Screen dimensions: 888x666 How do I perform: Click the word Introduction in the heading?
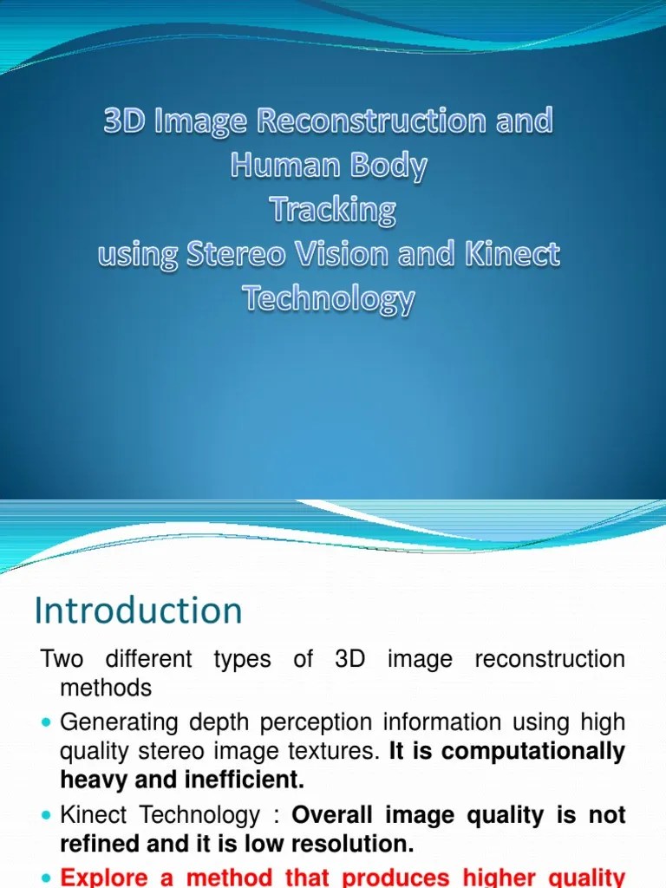click(138, 611)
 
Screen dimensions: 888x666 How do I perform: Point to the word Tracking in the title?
click(332, 210)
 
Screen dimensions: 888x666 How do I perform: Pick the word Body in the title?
click(392, 165)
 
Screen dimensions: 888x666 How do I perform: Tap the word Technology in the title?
click(329, 299)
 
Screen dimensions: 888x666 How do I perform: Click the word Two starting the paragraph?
click(62, 659)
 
